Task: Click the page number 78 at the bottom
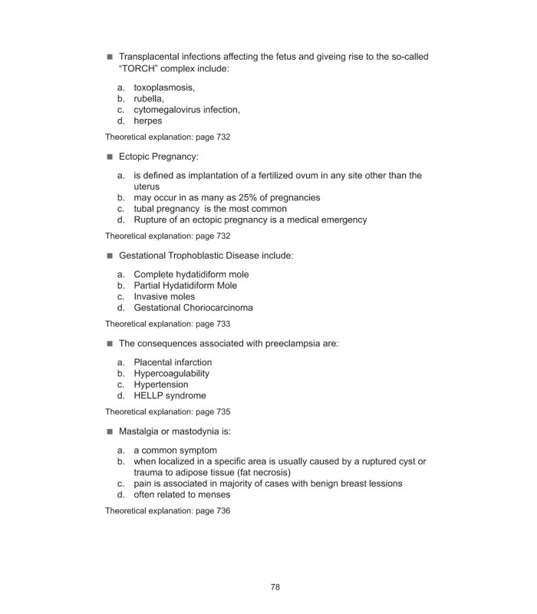tap(275, 587)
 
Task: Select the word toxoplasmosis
tap(164, 87)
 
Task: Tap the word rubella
tap(148, 98)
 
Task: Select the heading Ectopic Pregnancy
tap(157, 157)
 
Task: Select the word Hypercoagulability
tap(171, 373)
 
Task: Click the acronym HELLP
tap(149, 396)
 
